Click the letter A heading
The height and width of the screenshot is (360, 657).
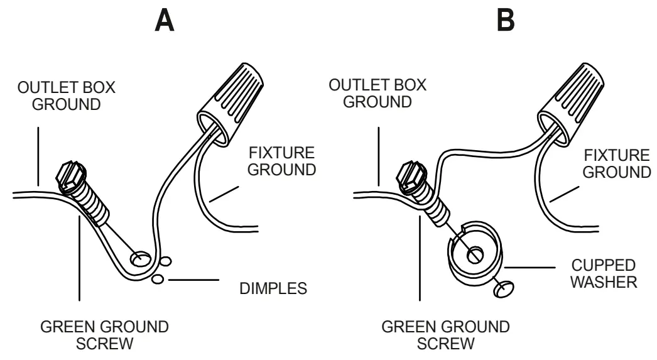coord(165,23)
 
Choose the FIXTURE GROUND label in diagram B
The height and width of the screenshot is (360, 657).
coord(616,161)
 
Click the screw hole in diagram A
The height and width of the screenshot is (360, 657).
coord(140,258)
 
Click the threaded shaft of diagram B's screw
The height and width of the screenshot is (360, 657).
coord(432,201)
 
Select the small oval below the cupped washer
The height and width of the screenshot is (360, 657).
coord(502,288)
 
